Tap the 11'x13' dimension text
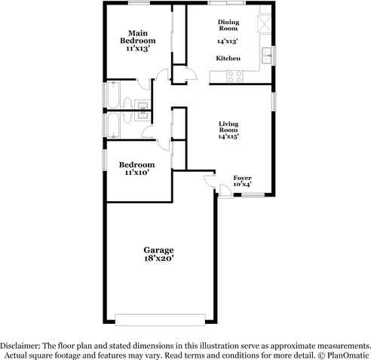coord(136,47)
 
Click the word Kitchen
coord(228,58)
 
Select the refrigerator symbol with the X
coord(265,23)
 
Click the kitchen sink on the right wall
coord(268,54)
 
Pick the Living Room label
coord(228,127)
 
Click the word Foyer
coord(242,177)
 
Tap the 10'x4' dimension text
coord(242,184)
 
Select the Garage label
coord(159,249)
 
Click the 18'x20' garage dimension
coord(159,258)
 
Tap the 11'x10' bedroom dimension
coord(136,172)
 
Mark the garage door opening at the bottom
coord(159,315)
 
